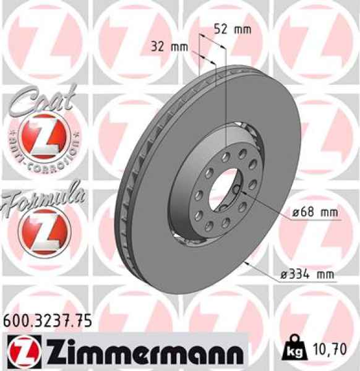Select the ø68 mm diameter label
pos(315,212)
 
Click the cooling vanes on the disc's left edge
pos(127,185)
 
